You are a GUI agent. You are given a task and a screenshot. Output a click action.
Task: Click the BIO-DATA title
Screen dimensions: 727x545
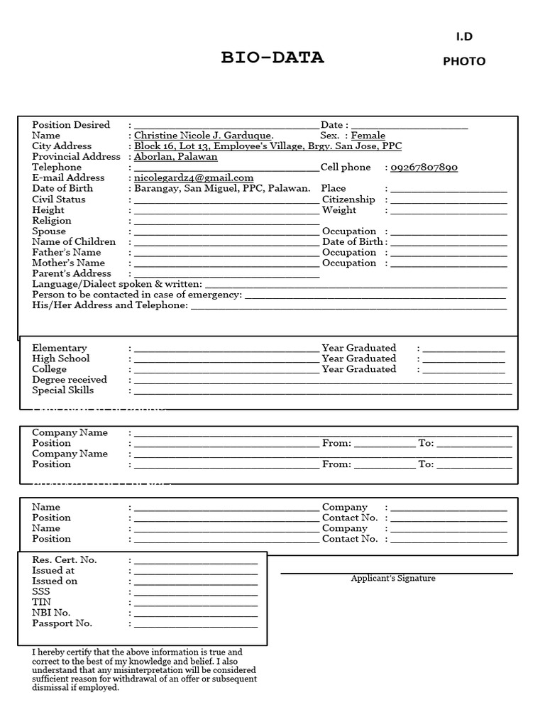[272, 58]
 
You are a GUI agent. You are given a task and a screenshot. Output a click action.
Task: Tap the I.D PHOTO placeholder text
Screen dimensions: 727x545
[464, 49]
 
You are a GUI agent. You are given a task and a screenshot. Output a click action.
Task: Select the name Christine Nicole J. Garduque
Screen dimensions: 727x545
[204, 136]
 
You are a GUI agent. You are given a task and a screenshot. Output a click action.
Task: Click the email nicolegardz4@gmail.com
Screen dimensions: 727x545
[194, 178]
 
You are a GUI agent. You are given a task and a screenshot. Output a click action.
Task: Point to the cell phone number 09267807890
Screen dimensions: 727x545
[424, 168]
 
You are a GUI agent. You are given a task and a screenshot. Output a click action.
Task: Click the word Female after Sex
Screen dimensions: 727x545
[368, 136]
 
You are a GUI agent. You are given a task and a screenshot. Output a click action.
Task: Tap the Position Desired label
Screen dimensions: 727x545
[71, 125]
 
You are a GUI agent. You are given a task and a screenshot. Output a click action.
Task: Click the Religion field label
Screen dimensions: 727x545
[52, 221]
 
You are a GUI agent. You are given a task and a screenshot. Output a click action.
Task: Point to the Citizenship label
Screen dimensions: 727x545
[348, 199]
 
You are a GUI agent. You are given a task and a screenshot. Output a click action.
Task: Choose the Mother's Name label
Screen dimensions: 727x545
[68, 263]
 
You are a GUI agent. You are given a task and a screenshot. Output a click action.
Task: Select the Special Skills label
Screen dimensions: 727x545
[62, 390]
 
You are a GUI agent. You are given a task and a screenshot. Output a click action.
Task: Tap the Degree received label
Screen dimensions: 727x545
[70, 380]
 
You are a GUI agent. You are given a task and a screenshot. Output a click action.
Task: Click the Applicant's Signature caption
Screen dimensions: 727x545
[393, 579]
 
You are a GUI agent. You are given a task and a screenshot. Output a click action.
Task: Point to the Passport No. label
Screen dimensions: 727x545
[62, 624]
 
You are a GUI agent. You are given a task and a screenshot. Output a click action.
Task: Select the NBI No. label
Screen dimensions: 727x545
[51, 613]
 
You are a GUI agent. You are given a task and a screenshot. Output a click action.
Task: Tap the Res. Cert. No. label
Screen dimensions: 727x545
[65, 560]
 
